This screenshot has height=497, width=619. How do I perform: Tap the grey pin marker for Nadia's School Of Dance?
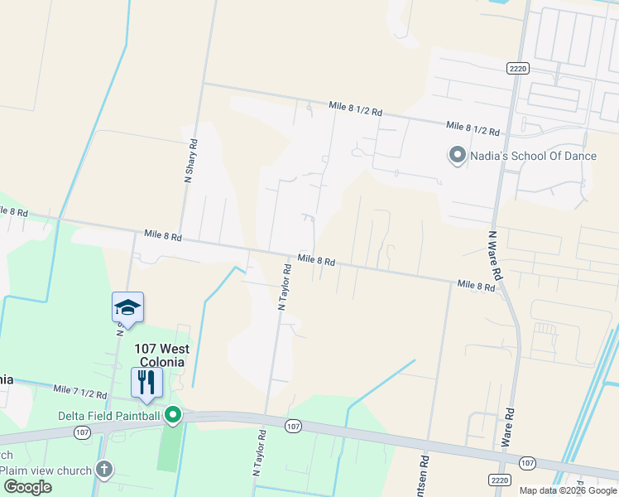456,155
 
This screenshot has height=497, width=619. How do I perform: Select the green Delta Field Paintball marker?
173,414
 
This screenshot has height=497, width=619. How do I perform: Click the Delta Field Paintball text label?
109,415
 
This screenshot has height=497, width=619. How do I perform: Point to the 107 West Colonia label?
161,355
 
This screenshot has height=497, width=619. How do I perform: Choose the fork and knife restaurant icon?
146,383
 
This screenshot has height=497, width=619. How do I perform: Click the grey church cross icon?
103,470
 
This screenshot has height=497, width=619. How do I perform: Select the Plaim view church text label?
46,470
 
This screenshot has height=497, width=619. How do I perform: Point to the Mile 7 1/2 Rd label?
80,390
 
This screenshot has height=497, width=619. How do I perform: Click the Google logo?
27,487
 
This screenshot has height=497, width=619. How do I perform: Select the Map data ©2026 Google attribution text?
569,490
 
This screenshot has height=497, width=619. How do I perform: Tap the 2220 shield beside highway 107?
498,480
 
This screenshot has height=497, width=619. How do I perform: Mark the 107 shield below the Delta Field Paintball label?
81,432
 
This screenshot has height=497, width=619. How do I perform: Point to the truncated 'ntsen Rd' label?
425,475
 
